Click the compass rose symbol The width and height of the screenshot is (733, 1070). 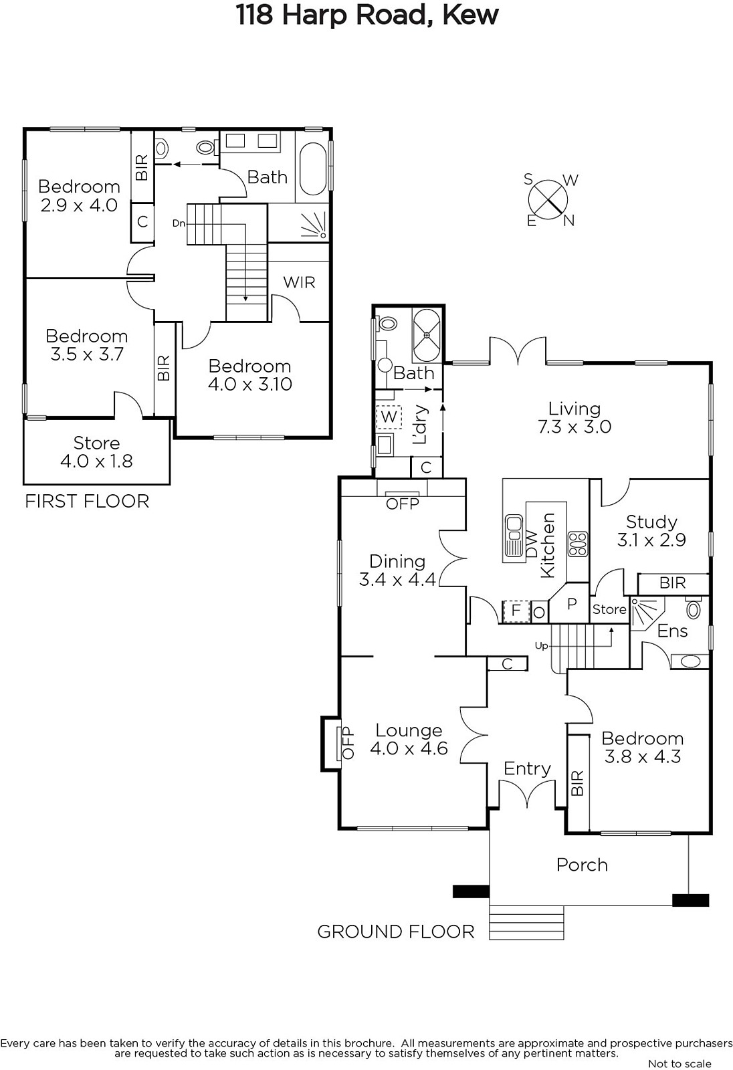pyautogui.click(x=548, y=200)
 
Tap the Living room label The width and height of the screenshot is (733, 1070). pyautogui.click(x=574, y=417)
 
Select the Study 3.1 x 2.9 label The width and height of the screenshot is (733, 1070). pyautogui.click(x=651, y=531)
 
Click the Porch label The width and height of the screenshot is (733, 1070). pyautogui.click(x=582, y=865)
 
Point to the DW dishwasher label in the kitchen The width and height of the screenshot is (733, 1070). pyautogui.click(x=532, y=544)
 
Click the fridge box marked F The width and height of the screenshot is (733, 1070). pyautogui.click(x=516, y=611)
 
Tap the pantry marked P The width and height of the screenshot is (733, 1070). pyautogui.click(x=572, y=603)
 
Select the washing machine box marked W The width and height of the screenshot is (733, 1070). pyautogui.click(x=389, y=417)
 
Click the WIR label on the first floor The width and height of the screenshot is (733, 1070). pyautogui.click(x=299, y=282)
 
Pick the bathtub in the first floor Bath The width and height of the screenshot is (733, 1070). pyautogui.click(x=313, y=169)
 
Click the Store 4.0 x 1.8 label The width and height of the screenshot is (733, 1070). pyautogui.click(x=96, y=452)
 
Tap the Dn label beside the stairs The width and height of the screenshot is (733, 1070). pyautogui.click(x=179, y=223)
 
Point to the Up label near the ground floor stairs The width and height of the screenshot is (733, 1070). pyautogui.click(x=541, y=646)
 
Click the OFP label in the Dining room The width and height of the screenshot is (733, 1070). pyautogui.click(x=403, y=504)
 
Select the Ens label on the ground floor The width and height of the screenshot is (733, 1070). pyautogui.click(x=672, y=631)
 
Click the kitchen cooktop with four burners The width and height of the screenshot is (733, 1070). pyautogui.click(x=578, y=544)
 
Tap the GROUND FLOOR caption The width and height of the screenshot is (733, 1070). pyautogui.click(x=396, y=932)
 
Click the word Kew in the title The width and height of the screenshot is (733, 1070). pyautogui.click(x=470, y=15)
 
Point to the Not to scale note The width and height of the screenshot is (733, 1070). pyautogui.click(x=679, y=1063)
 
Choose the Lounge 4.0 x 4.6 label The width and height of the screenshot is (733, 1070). pyautogui.click(x=409, y=739)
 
